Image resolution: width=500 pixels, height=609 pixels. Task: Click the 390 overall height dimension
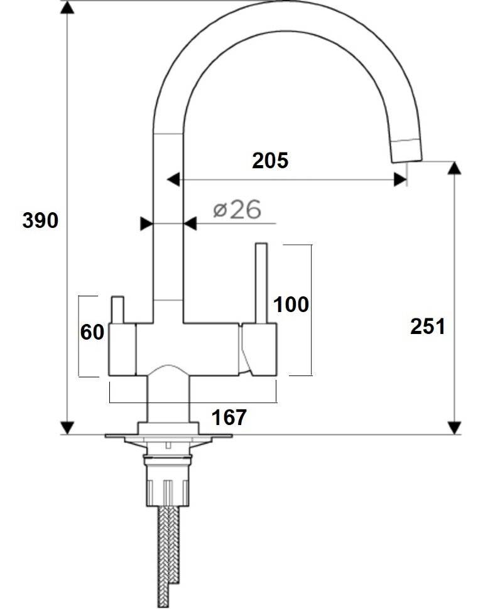pyautogui.click(x=40, y=220)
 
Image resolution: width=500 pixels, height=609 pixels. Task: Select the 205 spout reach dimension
pyautogui.click(x=270, y=160)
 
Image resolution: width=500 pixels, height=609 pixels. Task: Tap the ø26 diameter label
pyautogui.click(x=237, y=210)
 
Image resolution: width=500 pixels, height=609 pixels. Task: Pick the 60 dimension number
pyautogui.click(x=92, y=332)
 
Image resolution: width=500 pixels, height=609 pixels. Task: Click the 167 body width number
pyautogui.click(x=229, y=418)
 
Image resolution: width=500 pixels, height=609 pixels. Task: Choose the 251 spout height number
pyautogui.click(x=427, y=326)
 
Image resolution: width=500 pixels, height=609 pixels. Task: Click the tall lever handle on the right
pyautogui.click(x=261, y=283)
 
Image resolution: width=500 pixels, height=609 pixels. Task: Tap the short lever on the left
pyautogui.click(x=117, y=310)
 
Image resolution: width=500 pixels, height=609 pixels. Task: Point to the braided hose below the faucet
pyautogui.click(x=168, y=556)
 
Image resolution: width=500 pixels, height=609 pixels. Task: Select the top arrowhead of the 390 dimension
pyautogui.click(x=68, y=8)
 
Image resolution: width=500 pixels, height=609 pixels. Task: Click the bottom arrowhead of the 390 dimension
pyautogui.click(x=68, y=428)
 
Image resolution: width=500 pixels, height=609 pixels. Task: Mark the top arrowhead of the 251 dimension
pyautogui.click(x=454, y=168)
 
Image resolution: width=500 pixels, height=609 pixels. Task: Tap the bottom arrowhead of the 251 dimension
pyautogui.click(x=454, y=428)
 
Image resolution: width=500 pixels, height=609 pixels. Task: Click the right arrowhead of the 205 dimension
pyautogui.click(x=400, y=180)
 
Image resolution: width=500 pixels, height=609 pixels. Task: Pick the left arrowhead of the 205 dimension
pyautogui.click(x=173, y=180)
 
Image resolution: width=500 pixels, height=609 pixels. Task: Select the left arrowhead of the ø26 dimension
pyautogui.click(x=146, y=224)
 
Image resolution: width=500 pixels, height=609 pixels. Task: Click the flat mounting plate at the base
pyautogui.click(x=168, y=436)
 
